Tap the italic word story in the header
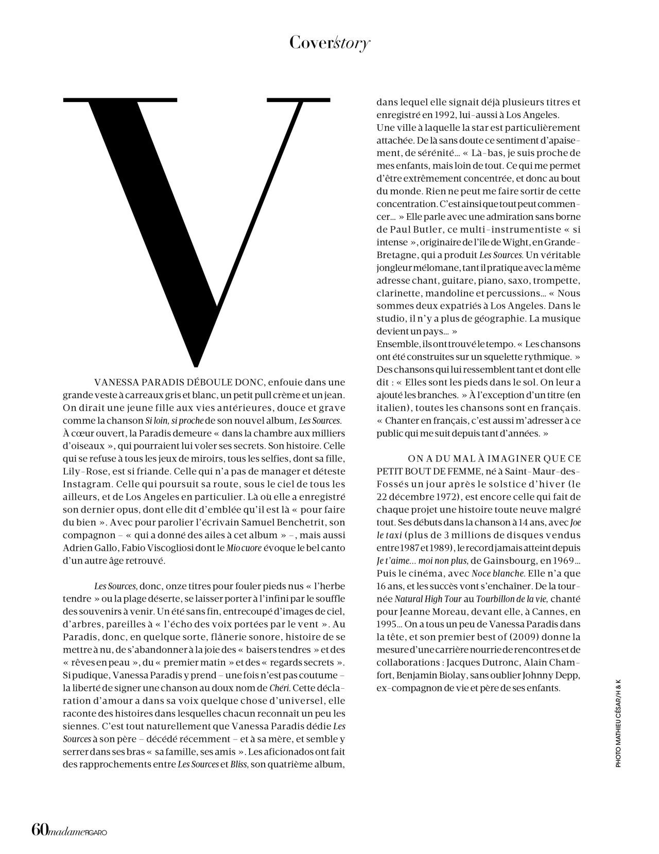(352, 43)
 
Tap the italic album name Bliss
(240, 764)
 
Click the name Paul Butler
(415, 229)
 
